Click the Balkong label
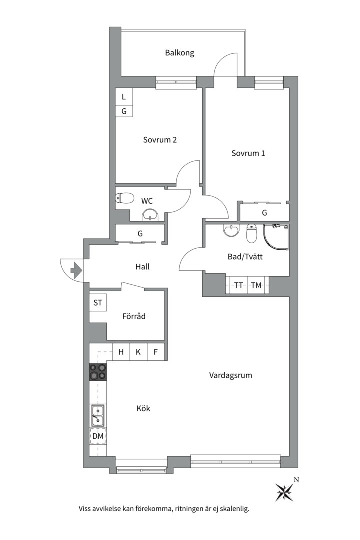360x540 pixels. coord(180,53)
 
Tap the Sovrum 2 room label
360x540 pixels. coord(160,140)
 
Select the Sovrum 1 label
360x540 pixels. coord(248,153)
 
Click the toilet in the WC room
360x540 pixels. coord(124,198)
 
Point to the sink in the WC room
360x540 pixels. coord(150,215)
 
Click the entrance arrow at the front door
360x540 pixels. coord(76,270)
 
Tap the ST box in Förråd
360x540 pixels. coord(98,303)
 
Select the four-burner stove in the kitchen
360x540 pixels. coord(98,372)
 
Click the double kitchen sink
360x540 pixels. coord(98,415)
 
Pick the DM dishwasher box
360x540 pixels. coord(98,436)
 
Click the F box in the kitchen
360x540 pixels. coord(156,352)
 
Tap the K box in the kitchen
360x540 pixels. coord(138,352)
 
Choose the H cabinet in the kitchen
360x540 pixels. coord(121,352)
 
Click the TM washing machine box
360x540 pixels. coord(256,285)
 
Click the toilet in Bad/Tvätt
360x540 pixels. coord(252,234)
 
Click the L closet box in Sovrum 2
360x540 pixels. coord(124,97)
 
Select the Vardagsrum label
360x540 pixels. coord(231,375)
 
